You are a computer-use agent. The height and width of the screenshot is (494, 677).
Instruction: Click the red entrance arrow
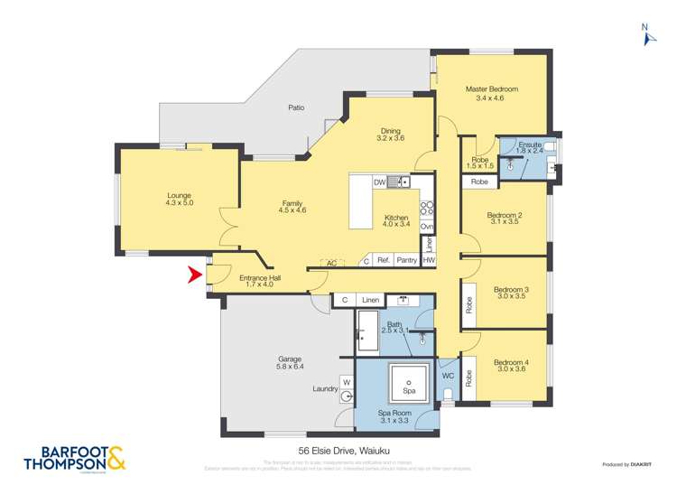(194, 275)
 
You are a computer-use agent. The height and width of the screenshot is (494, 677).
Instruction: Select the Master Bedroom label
(491, 89)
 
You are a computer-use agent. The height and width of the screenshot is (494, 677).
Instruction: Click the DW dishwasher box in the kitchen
(380, 182)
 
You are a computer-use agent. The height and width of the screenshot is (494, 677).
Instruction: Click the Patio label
(296, 107)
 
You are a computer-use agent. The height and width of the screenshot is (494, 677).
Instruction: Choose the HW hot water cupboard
(429, 261)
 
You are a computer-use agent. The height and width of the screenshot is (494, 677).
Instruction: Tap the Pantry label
(406, 261)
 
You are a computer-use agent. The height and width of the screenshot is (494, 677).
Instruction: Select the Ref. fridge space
(384, 261)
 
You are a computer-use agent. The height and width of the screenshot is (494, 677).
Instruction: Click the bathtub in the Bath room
(366, 331)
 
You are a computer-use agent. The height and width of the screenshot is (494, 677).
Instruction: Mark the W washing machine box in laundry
(345, 381)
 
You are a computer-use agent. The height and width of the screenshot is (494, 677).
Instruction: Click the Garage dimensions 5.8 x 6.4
(289, 367)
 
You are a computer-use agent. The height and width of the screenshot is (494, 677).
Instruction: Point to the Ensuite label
(530, 144)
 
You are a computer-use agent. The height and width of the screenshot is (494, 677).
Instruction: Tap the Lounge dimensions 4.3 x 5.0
(179, 203)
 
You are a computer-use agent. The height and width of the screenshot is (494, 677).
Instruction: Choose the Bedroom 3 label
(511, 290)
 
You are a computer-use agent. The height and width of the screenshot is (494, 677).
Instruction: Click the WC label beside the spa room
(447, 376)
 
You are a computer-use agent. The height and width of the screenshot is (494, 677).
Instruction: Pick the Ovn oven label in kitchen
(428, 226)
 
